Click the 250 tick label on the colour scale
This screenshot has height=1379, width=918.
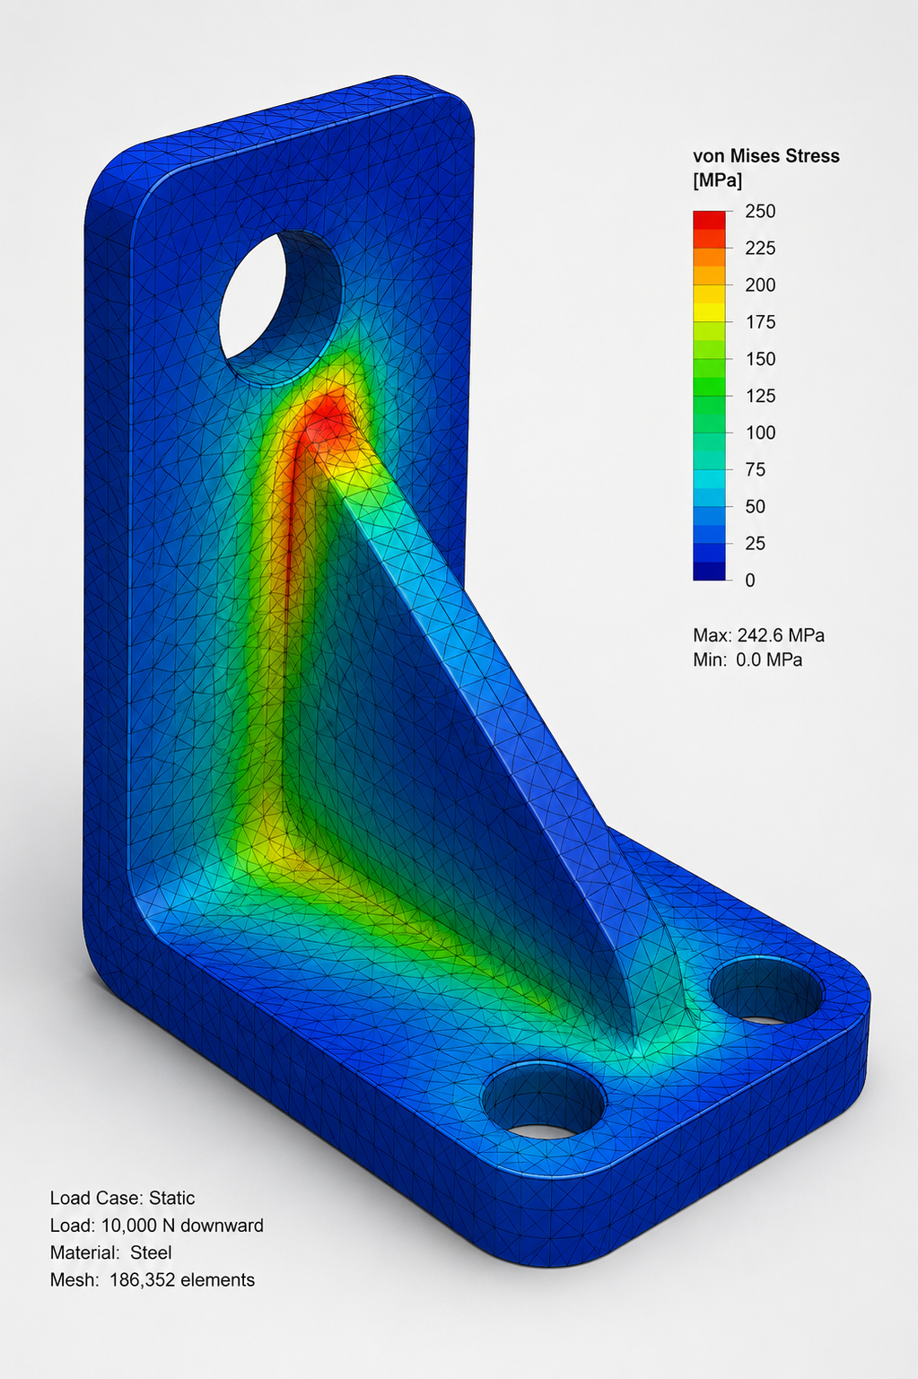760,211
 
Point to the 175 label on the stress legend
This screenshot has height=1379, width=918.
760,322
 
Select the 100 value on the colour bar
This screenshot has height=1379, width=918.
760,432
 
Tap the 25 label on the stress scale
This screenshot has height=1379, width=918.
755,543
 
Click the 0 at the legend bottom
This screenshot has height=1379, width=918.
750,580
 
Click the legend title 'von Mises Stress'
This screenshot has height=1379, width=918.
766,156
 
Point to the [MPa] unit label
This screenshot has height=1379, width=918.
717,181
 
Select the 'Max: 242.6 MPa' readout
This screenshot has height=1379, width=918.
758,634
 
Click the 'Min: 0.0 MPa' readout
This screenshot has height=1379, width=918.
748,660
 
